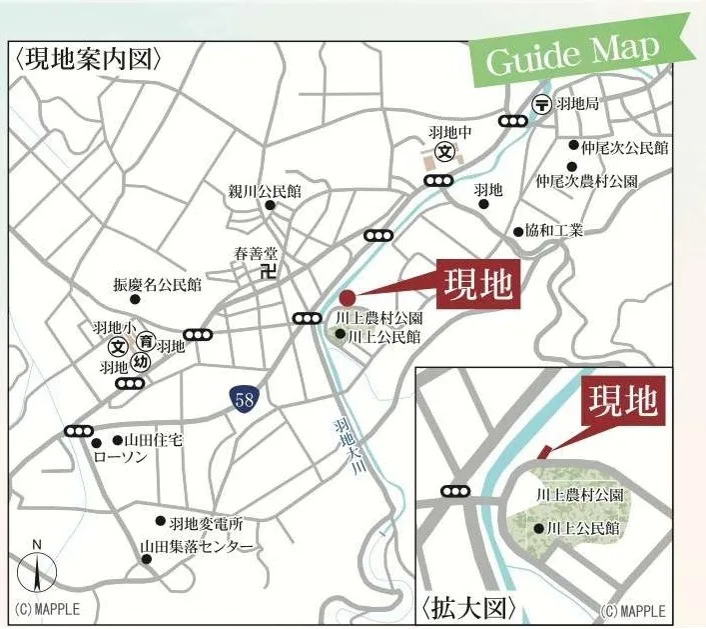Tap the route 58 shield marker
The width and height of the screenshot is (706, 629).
(242, 400)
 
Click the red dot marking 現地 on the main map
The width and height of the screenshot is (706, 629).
(348, 297)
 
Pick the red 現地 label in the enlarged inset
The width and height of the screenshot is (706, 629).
(622, 403)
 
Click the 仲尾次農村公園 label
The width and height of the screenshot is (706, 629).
(587, 182)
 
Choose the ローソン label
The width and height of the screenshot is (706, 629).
(119, 456)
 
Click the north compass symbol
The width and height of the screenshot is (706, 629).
(37, 572)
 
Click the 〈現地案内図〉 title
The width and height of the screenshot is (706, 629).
(89, 59)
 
